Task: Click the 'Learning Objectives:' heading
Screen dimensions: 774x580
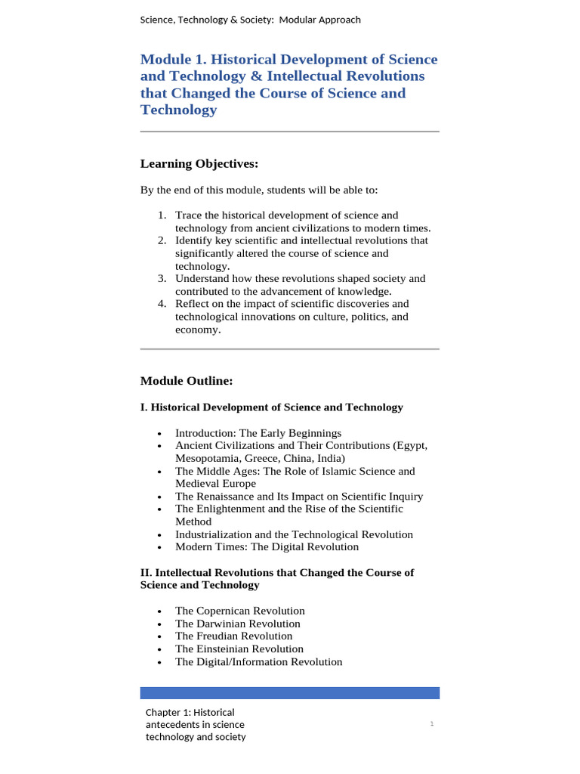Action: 199,164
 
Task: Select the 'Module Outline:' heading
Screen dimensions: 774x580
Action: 187,381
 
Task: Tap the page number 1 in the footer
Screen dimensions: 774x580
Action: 432,724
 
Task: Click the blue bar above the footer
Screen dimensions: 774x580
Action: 290,693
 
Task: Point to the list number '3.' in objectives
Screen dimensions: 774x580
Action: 162,279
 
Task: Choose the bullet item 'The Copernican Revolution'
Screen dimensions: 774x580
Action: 239,611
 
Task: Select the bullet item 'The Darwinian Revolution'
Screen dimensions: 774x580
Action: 237,624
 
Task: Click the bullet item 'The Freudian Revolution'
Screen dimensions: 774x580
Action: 233,636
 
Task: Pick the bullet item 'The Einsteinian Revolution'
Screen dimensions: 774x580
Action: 239,649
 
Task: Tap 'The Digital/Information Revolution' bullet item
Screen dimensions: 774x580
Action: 258,662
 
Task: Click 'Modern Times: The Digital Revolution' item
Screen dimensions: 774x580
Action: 267,547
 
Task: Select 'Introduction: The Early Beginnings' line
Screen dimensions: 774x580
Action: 258,433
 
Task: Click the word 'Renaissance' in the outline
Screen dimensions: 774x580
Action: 226,497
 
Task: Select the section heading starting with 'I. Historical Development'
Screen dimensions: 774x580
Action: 272,407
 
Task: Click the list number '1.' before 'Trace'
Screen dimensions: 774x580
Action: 162,215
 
